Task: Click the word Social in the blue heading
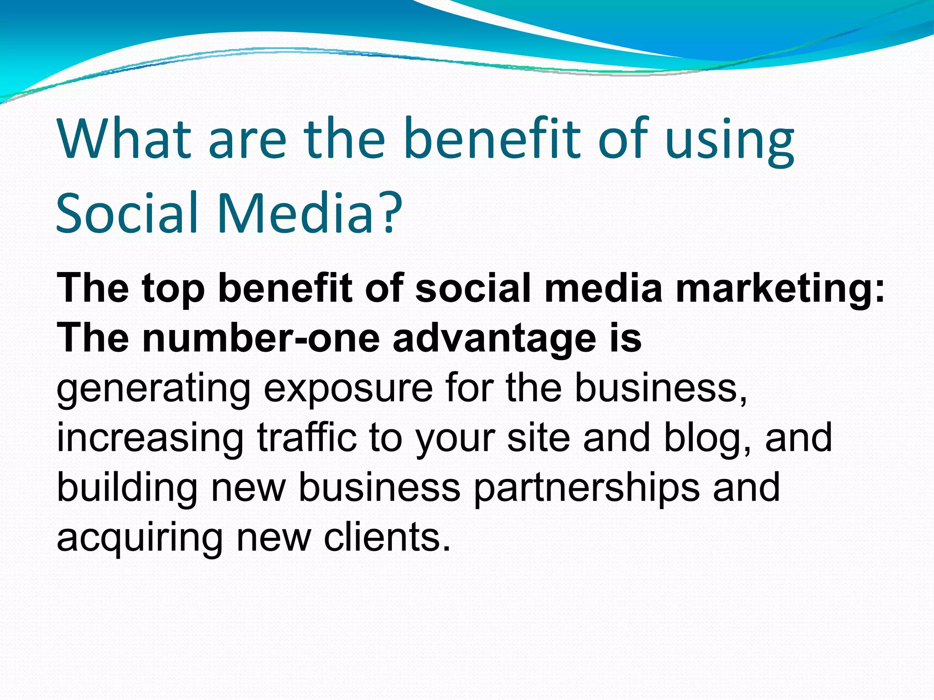[x=127, y=212]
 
